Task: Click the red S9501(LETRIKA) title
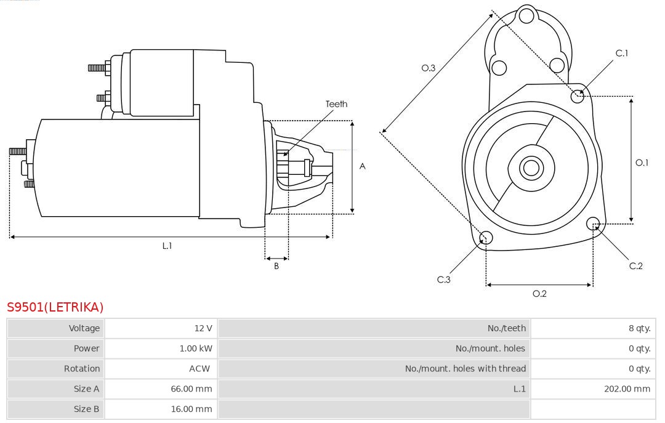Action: click(55, 307)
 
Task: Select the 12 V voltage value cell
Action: click(203, 328)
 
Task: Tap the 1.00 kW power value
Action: click(196, 348)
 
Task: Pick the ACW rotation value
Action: click(199, 369)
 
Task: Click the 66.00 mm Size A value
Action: click(191, 389)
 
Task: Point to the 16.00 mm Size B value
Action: click(191, 409)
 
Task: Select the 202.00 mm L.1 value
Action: click(627, 389)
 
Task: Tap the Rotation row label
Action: click(81, 369)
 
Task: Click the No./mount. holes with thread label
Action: click(465, 369)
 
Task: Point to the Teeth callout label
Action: click(336, 104)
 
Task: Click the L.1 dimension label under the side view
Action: click(167, 246)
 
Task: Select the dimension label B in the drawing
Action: click(276, 267)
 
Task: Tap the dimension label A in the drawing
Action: click(363, 166)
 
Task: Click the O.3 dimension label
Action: click(429, 68)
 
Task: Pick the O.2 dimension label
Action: click(539, 294)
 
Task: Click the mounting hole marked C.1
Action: click(578, 95)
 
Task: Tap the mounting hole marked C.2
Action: click(594, 223)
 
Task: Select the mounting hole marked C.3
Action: click(486, 238)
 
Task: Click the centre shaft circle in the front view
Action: click(530, 167)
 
